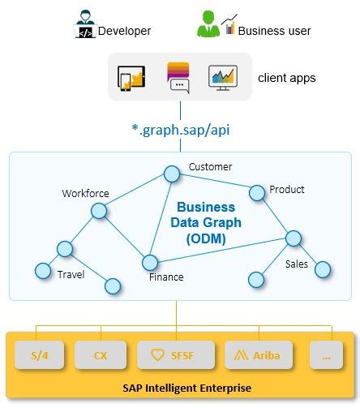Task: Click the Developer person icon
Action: (x=84, y=25)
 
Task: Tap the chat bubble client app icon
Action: (x=178, y=79)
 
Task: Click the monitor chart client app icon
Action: (x=222, y=78)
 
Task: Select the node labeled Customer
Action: (x=171, y=174)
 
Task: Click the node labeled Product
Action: (x=257, y=192)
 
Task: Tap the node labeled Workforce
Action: (x=99, y=211)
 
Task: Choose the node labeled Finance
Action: (x=149, y=262)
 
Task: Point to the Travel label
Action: (x=71, y=274)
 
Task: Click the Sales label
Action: (x=296, y=264)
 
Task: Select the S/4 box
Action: (x=38, y=354)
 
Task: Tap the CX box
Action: (x=100, y=354)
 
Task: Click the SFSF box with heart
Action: (x=176, y=354)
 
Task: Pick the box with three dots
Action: (x=326, y=354)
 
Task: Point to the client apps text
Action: (x=286, y=79)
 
